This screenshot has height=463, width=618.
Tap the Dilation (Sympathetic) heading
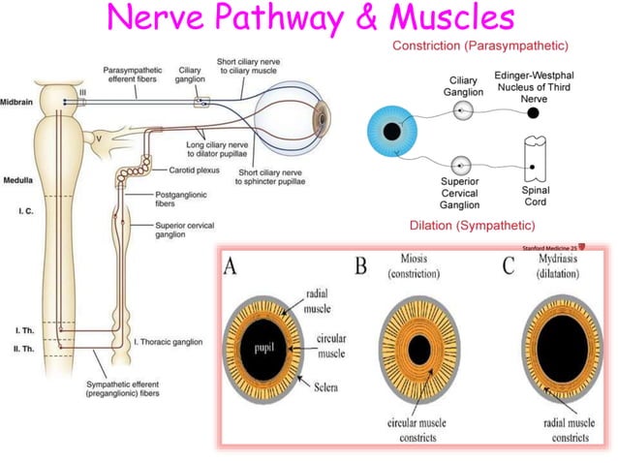[471, 226]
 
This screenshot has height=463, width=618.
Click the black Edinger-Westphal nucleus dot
[533, 112]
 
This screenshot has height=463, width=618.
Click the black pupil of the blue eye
[392, 131]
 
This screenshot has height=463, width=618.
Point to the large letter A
[232, 267]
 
